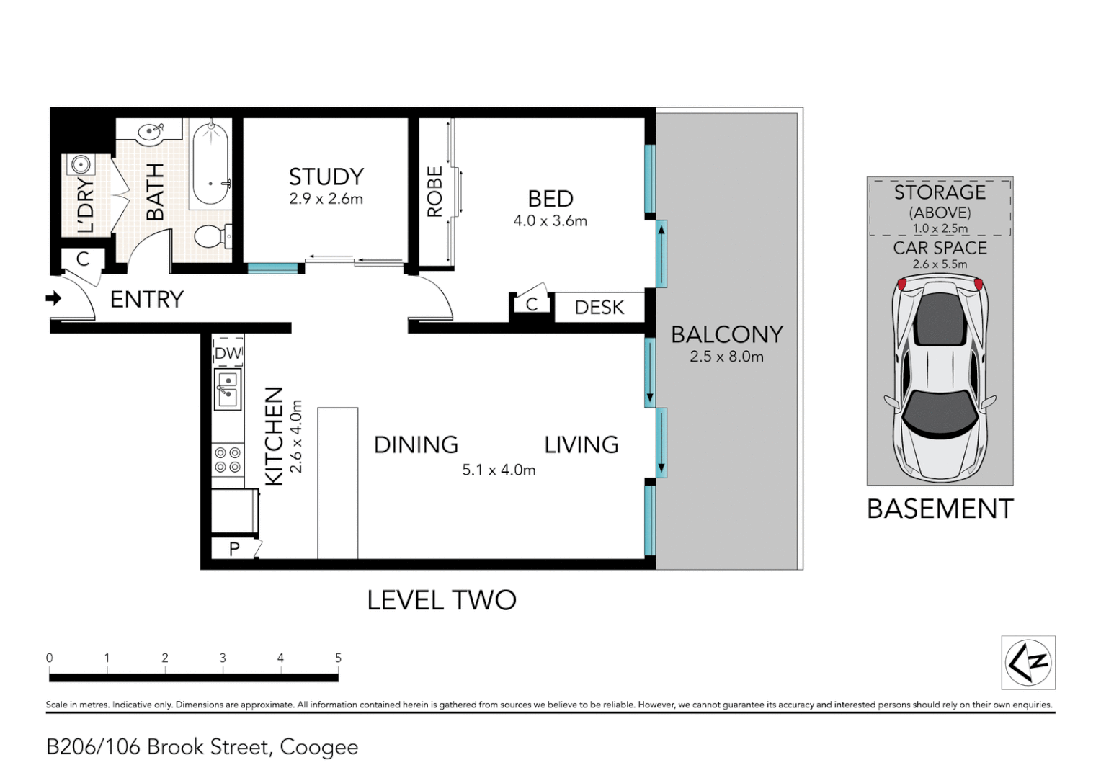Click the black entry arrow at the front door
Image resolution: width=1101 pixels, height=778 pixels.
point(53,298)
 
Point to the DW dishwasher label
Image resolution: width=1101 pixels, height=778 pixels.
point(228,353)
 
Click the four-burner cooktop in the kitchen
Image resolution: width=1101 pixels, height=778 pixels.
point(228,460)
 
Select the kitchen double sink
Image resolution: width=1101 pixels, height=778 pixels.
point(228,389)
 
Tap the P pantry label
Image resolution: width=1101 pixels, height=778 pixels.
point(234,549)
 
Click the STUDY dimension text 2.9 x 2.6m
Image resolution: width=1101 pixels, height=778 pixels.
point(326,199)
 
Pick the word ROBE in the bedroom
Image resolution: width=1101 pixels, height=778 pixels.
point(435,192)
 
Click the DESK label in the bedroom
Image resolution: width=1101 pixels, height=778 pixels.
point(599,308)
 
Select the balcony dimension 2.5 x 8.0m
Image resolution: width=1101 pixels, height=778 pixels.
point(726,357)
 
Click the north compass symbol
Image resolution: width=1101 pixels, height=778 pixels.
point(1028,663)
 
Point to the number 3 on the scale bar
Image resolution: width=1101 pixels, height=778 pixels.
point(223,658)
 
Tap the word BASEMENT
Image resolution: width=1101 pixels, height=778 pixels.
point(940,509)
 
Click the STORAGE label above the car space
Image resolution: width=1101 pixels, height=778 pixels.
point(940,192)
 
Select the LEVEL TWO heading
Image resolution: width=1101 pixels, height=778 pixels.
point(442,600)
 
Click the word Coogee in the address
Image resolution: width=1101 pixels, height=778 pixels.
point(319,748)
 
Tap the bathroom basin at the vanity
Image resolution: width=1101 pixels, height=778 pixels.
point(151,132)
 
